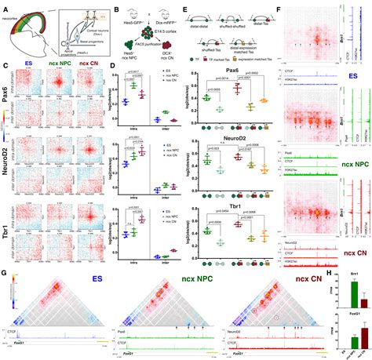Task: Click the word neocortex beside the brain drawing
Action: pos(13,12)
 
